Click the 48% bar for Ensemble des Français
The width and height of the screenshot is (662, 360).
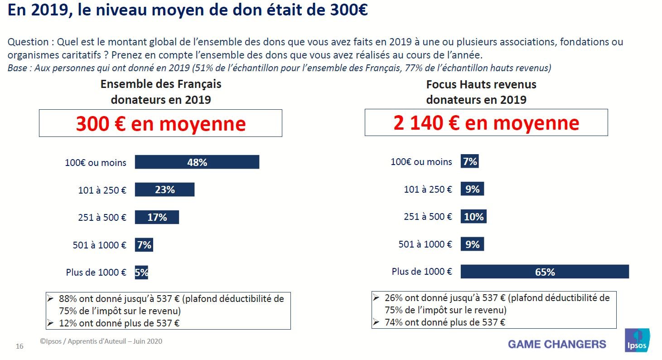tap(197, 162)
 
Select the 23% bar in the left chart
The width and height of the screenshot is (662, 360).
tap(164, 190)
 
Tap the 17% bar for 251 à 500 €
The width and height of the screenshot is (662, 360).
tap(157, 217)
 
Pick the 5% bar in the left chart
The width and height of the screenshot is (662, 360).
tap(141, 272)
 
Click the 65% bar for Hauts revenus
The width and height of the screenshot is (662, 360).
tap(545, 272)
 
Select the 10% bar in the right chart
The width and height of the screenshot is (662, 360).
tap(474, 217)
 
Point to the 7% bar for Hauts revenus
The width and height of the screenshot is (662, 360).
tap(470, 161)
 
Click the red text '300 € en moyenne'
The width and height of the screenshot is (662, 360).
tap(160, 123)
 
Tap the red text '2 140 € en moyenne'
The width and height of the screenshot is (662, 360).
tap(486, 123)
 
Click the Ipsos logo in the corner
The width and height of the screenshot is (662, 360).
tap(637, 341)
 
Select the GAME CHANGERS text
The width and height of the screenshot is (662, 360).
tap(557, 344)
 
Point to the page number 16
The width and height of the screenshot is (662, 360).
tap(19, 346)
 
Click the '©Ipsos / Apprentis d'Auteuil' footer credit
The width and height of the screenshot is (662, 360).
tap(101, 341)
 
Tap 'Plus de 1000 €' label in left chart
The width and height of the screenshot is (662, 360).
tap(96, 272)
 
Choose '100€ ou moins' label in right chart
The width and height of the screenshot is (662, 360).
tap(421, 162)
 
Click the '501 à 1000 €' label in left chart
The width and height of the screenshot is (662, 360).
tap(99, 245)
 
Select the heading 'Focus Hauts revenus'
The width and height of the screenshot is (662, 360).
tap(481, 84)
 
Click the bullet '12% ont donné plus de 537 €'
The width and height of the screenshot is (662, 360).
tap(119, 323)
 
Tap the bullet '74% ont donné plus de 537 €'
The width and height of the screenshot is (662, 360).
tap(445, 322)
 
